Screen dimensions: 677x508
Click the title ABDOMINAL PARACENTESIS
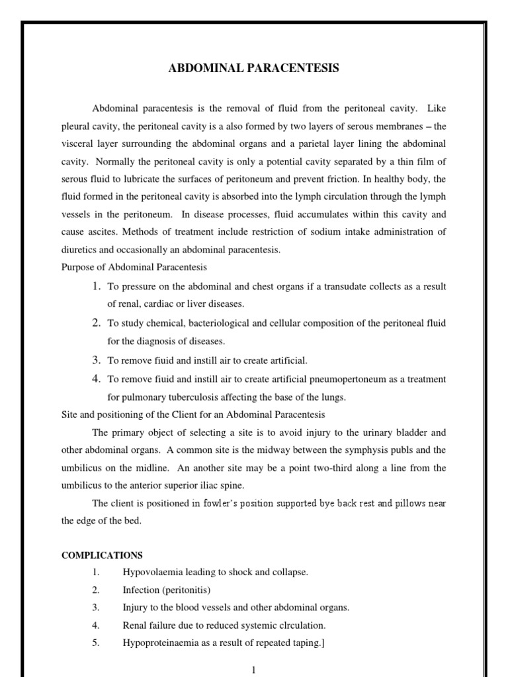(253, 69)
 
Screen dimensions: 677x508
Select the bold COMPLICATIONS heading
(102, 555)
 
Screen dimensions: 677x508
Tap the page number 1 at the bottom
(253, 669)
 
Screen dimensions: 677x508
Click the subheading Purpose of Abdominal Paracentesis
(134, 267)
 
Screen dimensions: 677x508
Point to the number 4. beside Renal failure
(96, 625)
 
